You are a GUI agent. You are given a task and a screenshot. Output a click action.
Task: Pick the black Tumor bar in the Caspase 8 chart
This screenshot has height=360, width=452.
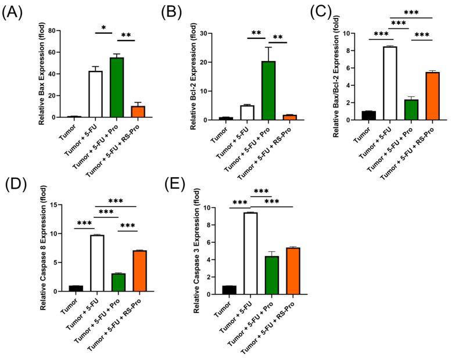(x=75, y=289)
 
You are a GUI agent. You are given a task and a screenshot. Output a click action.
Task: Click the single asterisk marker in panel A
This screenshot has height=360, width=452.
(x=103, y=28)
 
